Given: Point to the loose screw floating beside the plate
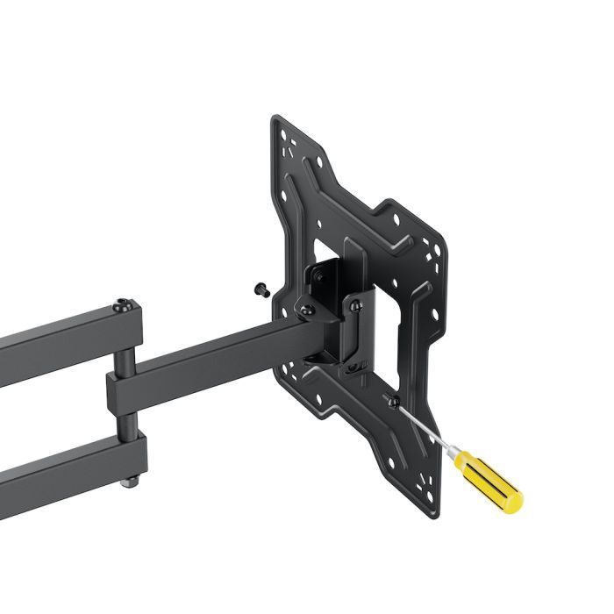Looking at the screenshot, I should tap(261, 289).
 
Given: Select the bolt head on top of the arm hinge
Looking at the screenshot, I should tap(125, 305).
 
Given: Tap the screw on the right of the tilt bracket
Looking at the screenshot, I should tap(354, 304).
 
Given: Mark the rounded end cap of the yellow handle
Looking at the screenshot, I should tap(512, 501).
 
